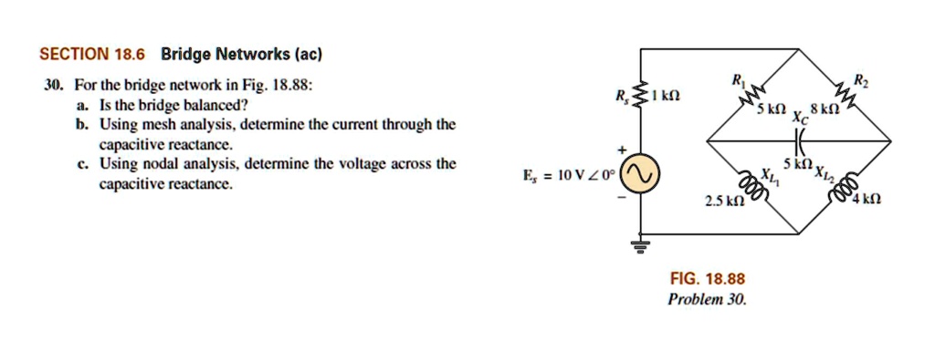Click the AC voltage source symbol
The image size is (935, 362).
point(638,173)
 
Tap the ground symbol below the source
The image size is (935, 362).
point(638,244)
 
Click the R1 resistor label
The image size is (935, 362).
point(738,81)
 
